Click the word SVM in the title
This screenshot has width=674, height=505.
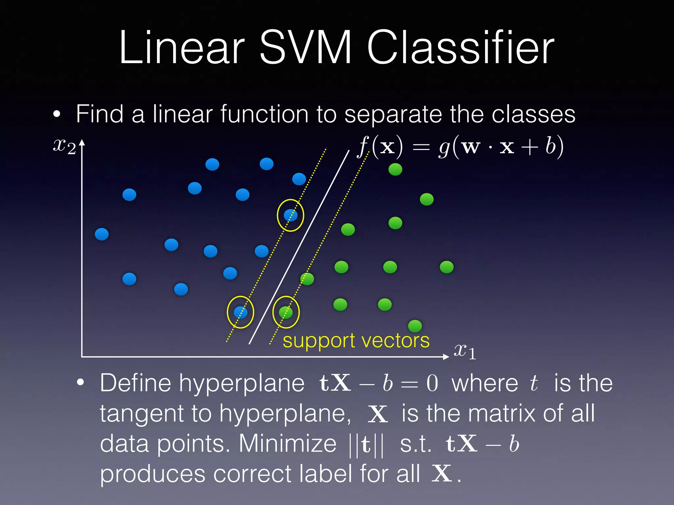tap(305, 48)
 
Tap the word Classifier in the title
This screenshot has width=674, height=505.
tap(460, 48)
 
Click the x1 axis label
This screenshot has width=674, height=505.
tap(465, 351)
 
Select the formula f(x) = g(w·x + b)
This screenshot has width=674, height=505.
tap(461, 147)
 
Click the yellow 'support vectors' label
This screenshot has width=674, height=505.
tap(356, 341)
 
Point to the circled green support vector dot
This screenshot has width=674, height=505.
tap(286, 312)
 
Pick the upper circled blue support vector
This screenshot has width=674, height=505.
tap(290, 215)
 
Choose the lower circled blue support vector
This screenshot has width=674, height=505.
tap(240, 312)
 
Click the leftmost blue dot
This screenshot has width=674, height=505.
tap(102, 234)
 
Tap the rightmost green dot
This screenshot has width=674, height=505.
tap(447, 267)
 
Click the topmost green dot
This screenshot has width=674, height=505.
tap(395, 169)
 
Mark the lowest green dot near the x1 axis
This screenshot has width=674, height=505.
tap(415, 326)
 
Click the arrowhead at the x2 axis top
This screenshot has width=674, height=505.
tap(82, 142)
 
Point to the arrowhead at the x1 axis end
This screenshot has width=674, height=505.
tap(446, 357)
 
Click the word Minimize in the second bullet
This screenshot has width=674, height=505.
tap(287, 444)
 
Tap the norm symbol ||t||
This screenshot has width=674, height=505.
tap(366, 445)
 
